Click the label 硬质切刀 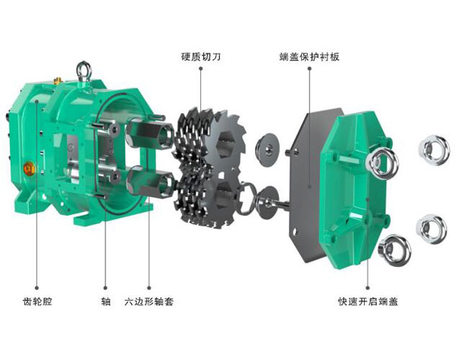tap(201, 56)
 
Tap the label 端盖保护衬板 tap(309, 56)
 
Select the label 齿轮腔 tap(37, 302)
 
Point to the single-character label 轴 tap(105, 302)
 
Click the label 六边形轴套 tap(149, 302)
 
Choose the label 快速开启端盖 tap(368, 302)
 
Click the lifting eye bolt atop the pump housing tap(84, 72)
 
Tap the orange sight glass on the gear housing tap(30, 168)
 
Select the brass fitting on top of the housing tap(57, 80)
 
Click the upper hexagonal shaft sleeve tap(149, 133)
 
